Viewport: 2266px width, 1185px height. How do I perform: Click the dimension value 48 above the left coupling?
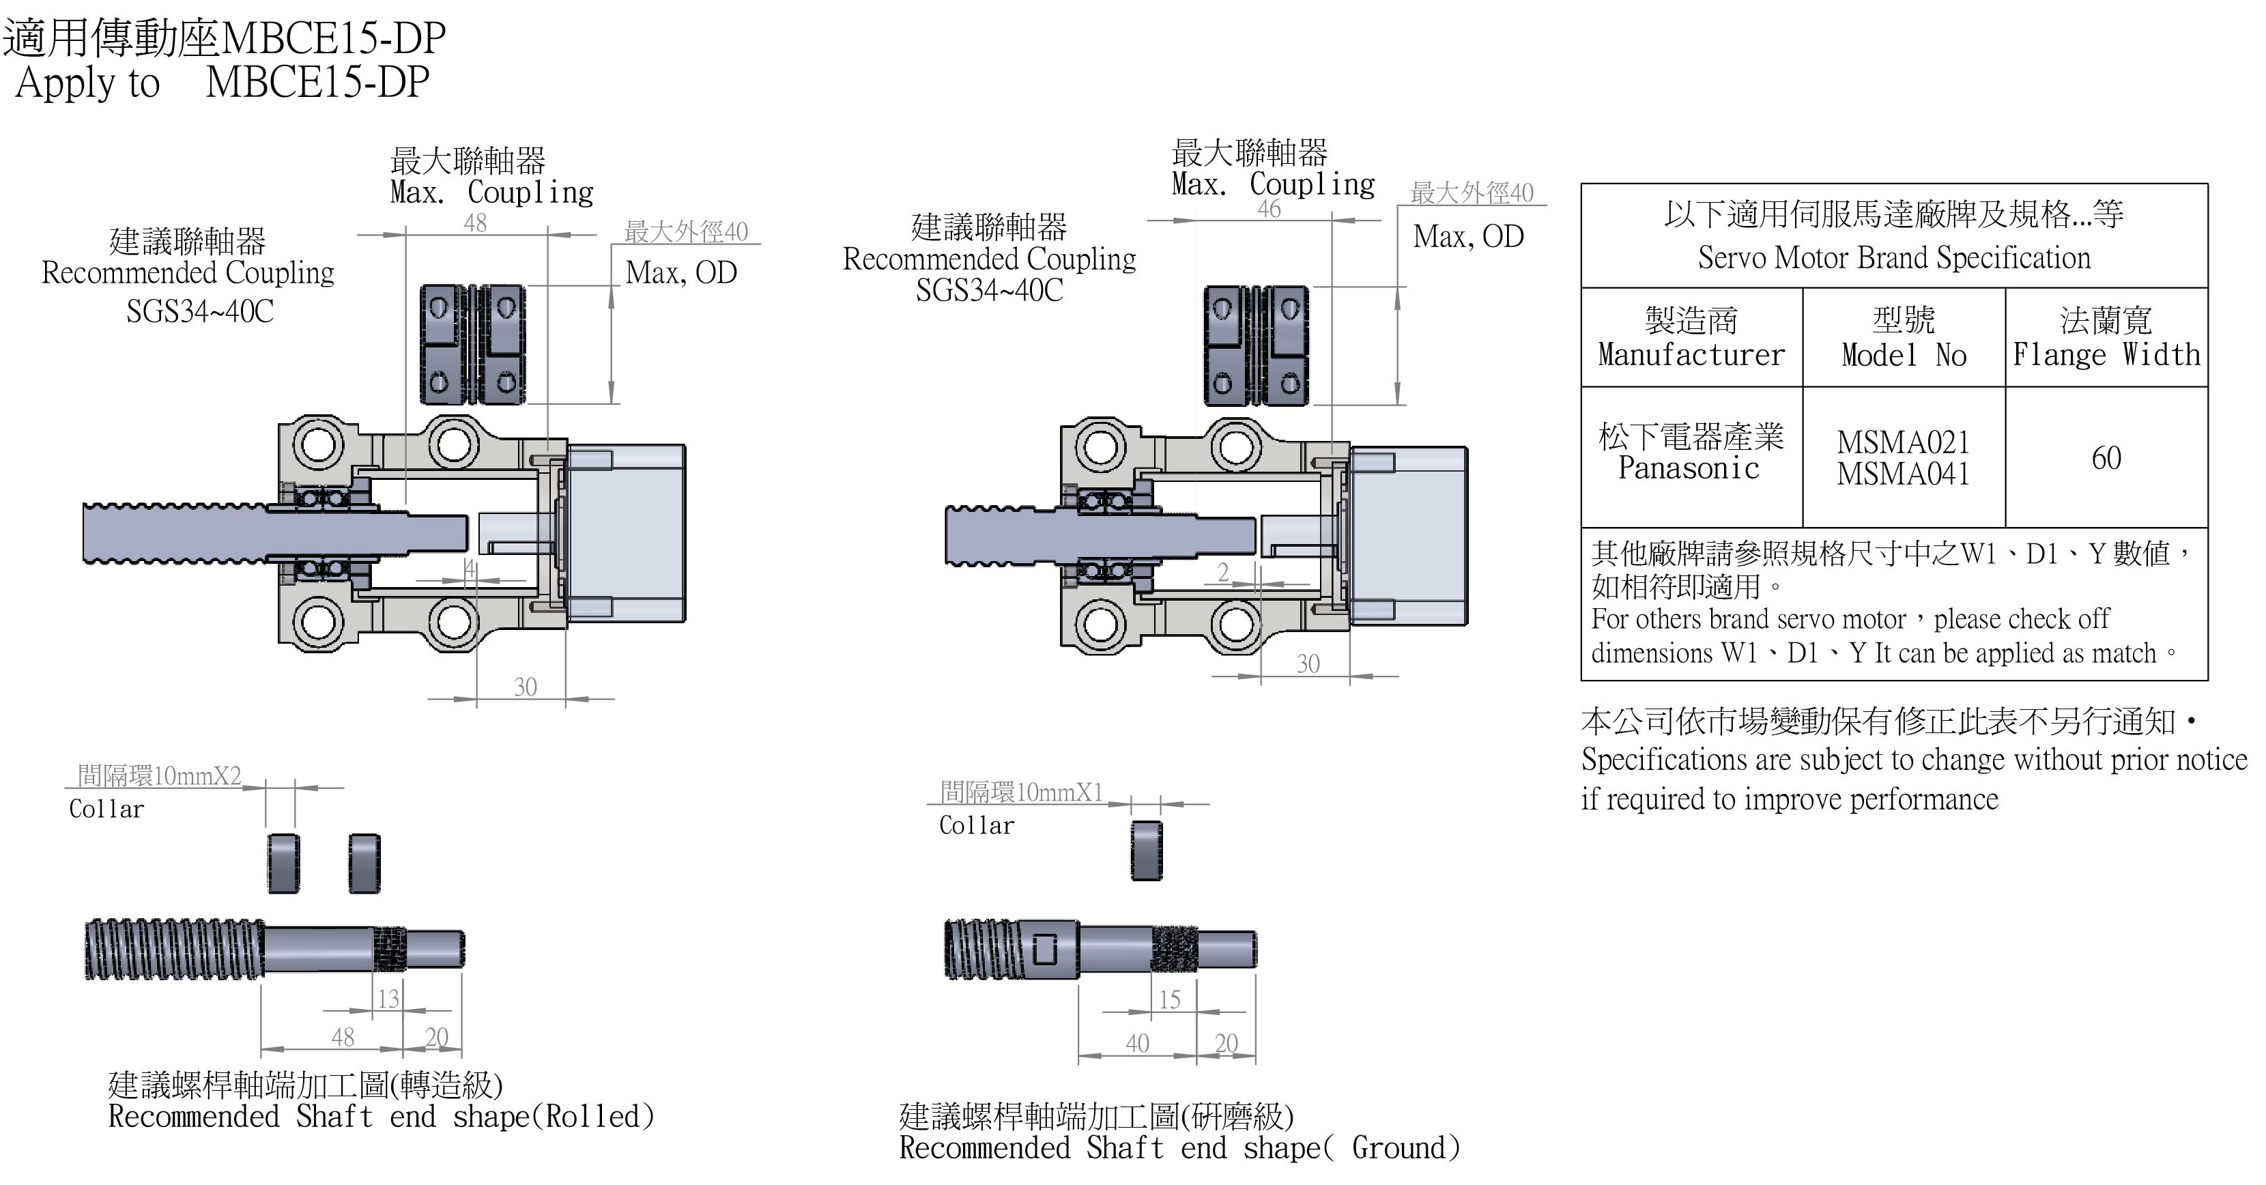(x=475, y=223)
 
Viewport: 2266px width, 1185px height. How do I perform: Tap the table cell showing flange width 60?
(x=2106, y=458)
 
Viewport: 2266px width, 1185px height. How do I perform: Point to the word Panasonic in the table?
(x=1689, y=469)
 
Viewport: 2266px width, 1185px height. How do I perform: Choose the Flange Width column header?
(x=2106, y=354)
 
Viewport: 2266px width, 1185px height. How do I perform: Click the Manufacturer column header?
(x=1691, y=354)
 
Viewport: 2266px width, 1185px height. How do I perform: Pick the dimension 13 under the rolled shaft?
(x=388, y=999)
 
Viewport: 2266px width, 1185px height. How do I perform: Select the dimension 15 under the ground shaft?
(x=1169, y=1000)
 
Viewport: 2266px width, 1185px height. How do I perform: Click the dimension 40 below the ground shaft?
(x=1137, y=1044)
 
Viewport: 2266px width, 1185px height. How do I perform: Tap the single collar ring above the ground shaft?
(x=1146, y=850)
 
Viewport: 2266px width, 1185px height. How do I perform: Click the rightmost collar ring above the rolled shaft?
(x=364, y=863)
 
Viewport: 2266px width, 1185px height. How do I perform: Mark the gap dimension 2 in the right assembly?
(x=1222, y=573)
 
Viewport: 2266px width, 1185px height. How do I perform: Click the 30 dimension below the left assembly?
(x=525, y=687)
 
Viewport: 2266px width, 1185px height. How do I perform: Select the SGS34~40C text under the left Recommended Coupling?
(x=200, y=311)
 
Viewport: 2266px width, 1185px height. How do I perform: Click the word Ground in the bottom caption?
(x=1399, y=1148)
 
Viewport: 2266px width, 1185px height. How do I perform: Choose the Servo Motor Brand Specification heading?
(x=1894, y=258)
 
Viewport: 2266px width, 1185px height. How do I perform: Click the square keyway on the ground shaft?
(x=1044, y=950)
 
